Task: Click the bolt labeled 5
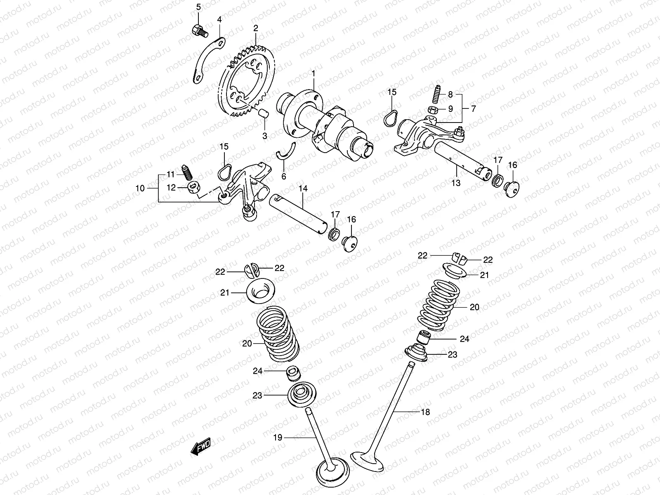click(x=199, y=30)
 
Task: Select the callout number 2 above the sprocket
click(x=256, y=28)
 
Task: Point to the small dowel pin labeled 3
click(x=264, y=113)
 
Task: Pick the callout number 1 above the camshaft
click(x=313, y=74)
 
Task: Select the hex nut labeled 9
click(x=433, y=109)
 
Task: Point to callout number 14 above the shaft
click(x=303, y=189)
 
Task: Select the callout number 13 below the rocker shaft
click(x=455, y=183)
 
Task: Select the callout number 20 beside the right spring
click(x=474, y=307)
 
